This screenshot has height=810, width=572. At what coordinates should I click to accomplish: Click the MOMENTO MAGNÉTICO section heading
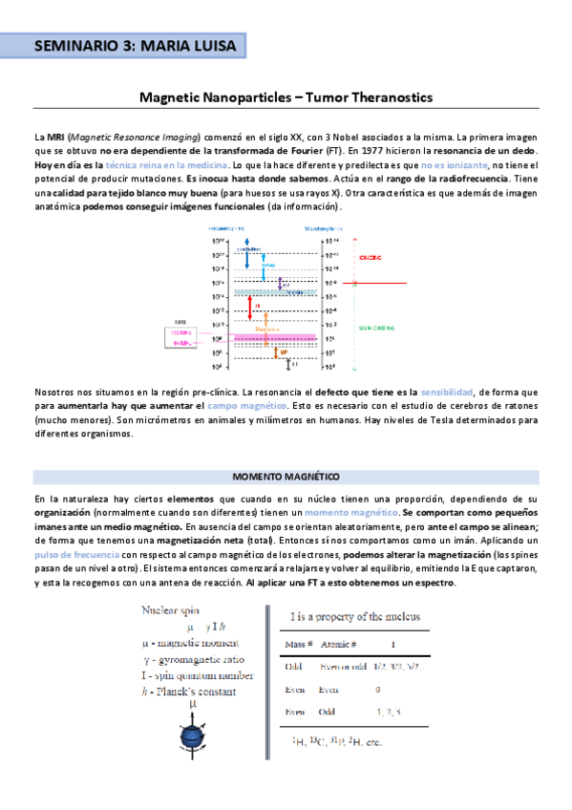[286, 476]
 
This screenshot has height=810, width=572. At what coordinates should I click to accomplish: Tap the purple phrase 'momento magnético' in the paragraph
[343, 514]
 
